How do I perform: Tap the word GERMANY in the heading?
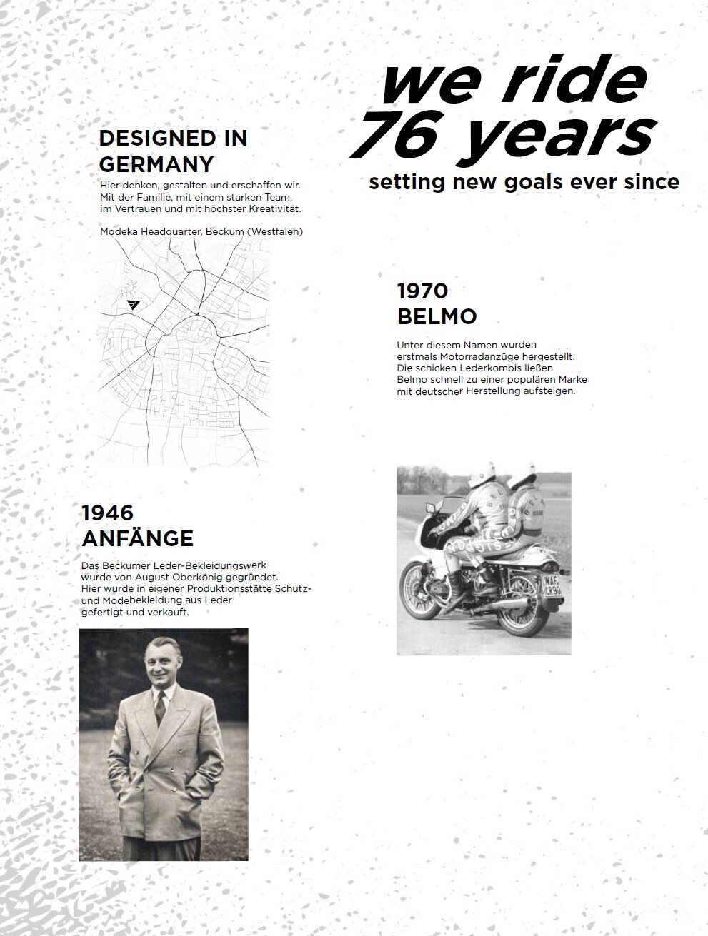[156, 164]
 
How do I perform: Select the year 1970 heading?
[422, 291]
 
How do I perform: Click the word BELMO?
[437, 316]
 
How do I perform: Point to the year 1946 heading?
[107, 513]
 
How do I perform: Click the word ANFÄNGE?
[137, 538]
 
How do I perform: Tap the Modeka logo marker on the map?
[133, 305]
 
